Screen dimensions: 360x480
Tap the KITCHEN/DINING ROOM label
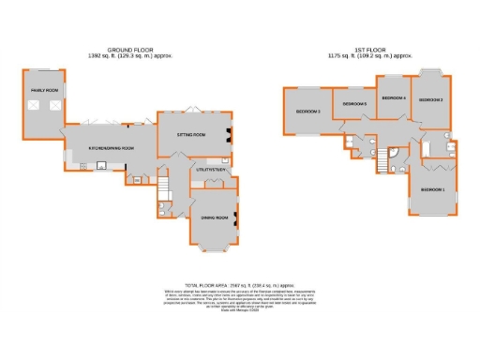pos(112,148)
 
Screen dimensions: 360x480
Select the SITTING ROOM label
pos(191,134)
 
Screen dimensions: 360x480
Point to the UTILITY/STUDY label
pos(207,169)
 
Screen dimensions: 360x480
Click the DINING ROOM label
pos(210,217)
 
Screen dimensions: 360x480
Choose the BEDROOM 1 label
pos(432,189)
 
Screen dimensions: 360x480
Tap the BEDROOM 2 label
pos(430,99)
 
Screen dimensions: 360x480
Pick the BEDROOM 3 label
pos(308,112)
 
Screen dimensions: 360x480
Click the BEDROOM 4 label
pos(392,97)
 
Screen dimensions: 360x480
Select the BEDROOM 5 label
pos(354,103)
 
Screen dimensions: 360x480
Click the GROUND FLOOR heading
pos(130,49)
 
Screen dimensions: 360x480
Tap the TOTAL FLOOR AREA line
pos(240,283)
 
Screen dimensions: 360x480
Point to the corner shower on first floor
pos(394,152)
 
